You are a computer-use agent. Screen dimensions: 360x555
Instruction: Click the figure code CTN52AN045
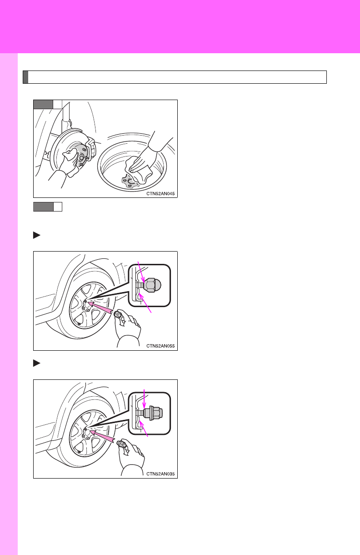coord(160,193)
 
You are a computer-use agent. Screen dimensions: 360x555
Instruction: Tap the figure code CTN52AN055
coord(160,346)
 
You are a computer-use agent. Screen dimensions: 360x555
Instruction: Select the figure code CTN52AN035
coord(160,474)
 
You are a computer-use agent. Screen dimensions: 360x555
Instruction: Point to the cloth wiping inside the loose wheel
coord(138,170)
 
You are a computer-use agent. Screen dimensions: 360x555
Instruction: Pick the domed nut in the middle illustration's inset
coord(152,285)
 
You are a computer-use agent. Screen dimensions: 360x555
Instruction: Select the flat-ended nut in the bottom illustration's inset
coord(153,413)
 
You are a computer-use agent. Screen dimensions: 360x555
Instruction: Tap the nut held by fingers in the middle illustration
coord(117,315)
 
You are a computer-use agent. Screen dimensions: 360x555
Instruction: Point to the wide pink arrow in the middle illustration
coord(100,308)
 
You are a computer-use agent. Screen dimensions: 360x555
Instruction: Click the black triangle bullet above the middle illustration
coord(37,235)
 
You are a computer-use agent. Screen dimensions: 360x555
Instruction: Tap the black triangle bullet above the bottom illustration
coord(37,363)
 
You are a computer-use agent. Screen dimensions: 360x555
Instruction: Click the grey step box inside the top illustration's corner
coord(43,104)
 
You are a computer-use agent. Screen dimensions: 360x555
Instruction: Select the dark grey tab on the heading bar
coord(25,77)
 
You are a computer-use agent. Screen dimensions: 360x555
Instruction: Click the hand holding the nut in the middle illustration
coord(127,324)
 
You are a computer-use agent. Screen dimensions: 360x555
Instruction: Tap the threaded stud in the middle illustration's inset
coord(140,285)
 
